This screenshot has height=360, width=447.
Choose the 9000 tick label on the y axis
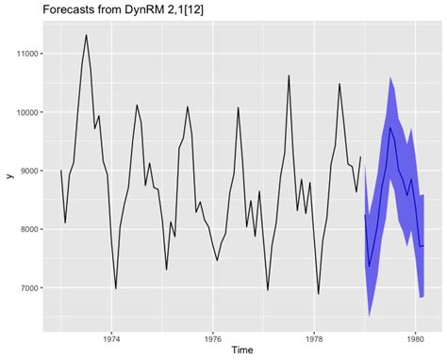pos(27,171)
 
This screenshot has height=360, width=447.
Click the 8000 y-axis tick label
pos(27,229)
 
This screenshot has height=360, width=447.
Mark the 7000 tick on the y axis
pos(27,287)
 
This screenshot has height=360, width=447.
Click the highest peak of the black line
pos(86,36)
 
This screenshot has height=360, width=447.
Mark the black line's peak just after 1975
pos(188,106)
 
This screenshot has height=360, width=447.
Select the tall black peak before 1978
pos(289,75)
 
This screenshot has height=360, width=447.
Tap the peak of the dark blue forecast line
pos(390,127)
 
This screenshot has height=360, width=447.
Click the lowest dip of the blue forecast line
pos(370,267)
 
